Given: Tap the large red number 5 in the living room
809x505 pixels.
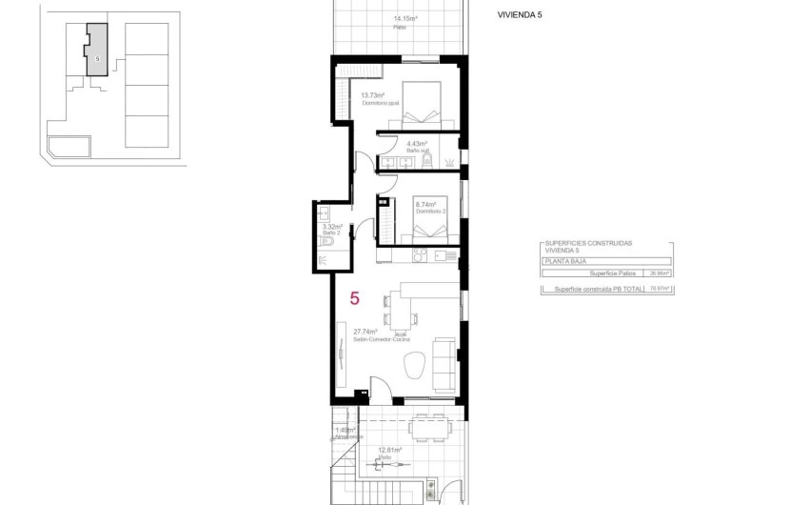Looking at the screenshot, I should coord(354,298).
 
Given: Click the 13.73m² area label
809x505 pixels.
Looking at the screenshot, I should coord(371,95).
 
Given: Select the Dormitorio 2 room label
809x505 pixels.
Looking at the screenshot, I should coord(429,211).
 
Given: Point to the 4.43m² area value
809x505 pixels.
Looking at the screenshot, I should coord(403,144).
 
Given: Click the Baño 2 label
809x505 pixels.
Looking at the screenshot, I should coord(330,232).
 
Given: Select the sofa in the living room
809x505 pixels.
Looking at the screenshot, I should coord(443,363).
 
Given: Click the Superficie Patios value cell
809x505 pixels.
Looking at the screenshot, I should coord(658,273).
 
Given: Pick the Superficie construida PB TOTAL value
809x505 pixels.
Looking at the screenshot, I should coord(658,288).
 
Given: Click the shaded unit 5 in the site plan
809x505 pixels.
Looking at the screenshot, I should coord(96,53).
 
